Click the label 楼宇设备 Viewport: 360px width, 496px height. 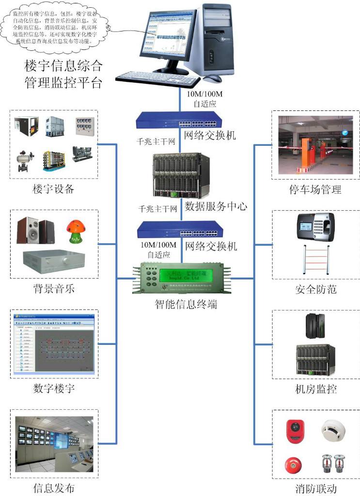[53, 189]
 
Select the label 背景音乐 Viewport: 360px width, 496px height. [53, 289]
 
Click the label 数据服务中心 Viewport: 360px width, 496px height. [216, 206]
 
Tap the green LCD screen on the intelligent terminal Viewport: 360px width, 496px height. [182, 276]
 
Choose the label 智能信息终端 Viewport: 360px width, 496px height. [183, 304]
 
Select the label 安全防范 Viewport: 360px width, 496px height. [316, 290]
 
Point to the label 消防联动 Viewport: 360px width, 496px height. [316, 488]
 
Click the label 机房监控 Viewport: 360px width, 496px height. [316, 388]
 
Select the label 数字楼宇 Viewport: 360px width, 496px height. [53, 388]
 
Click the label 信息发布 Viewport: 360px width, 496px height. [53, 488]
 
